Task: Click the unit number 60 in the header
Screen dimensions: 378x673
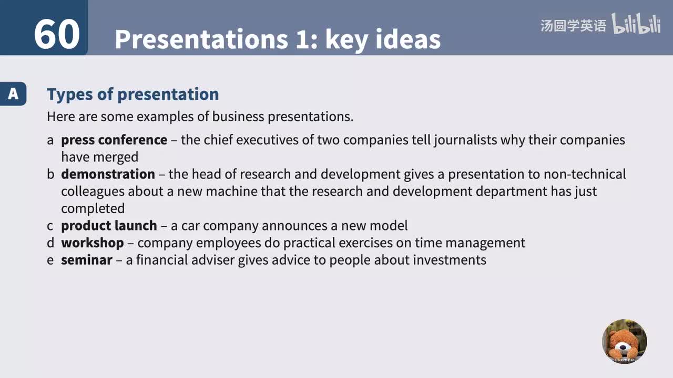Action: tap(57, 35)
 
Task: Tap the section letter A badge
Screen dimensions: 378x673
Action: tap(13, 94)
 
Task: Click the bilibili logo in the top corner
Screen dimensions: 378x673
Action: tap(636, 24)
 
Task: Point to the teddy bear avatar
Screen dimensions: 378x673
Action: tap(624, 341)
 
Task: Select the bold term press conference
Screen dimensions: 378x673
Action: tap(114, 140)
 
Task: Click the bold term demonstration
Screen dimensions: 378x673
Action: tap(108, 174)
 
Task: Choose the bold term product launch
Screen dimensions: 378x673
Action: tap(109, 226)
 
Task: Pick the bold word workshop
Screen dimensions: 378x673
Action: tap(93, 243)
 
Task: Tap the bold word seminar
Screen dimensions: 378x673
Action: tap(86, 260)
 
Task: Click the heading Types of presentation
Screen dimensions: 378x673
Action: tap(132, 94)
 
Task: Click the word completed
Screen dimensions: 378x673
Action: tap(93, 208)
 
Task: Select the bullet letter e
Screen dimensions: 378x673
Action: tap(50, 260)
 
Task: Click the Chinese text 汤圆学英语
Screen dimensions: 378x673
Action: tap(573, 25)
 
